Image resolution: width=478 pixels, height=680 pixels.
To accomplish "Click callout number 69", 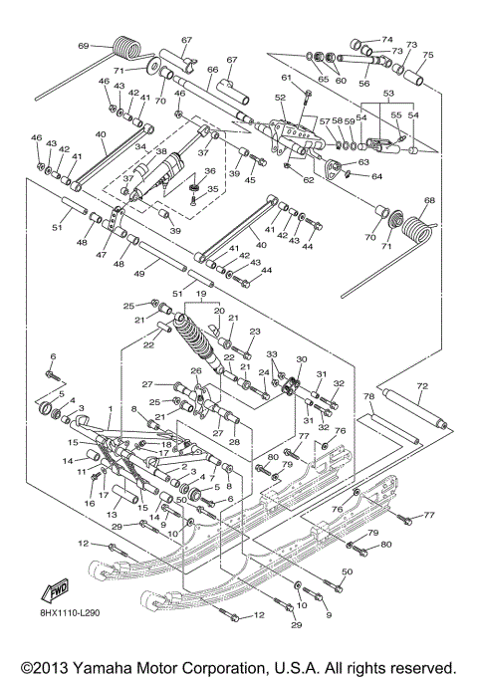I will (83, 46).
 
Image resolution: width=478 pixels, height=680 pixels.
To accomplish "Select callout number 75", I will (428, 56).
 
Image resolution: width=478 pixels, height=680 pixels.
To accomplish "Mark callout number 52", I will (280, 98).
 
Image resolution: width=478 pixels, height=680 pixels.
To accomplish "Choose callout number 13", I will (114, 516).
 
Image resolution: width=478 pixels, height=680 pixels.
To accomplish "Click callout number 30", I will (302, 361).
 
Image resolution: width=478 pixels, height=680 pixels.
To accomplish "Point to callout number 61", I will (286, 77).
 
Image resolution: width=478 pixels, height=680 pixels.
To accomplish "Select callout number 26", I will (196, 371).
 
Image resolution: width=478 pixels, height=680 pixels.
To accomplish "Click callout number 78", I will (368, 396).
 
